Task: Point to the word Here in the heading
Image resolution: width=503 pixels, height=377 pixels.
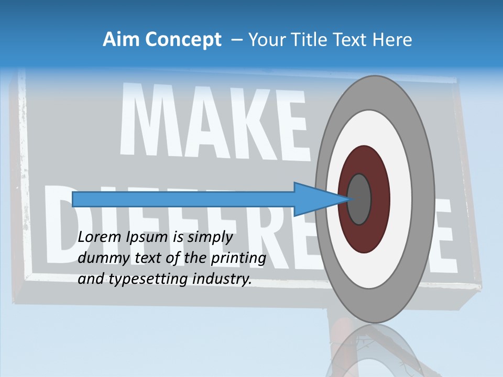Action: click(392, 40)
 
